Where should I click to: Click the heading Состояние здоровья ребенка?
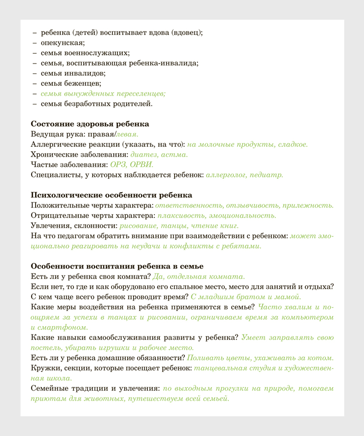tap(90, 124)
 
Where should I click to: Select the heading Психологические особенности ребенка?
tap(111, 195)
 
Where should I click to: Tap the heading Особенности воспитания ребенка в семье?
tap(117, 266)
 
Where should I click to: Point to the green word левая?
tap(127, 134)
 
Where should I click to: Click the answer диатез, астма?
tap(159, 154)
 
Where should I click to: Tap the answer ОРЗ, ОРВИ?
tap(132, 164)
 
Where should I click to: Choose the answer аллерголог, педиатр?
tap(244, 174)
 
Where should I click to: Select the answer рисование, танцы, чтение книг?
tap(179, 226)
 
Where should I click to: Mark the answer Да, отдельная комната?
tap(199, 276)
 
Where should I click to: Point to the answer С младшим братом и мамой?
tap(245, 297)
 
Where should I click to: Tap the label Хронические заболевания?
tap(79, 154)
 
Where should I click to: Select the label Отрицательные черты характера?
tap(91, 215)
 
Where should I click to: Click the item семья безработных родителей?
tap(97, 103)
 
